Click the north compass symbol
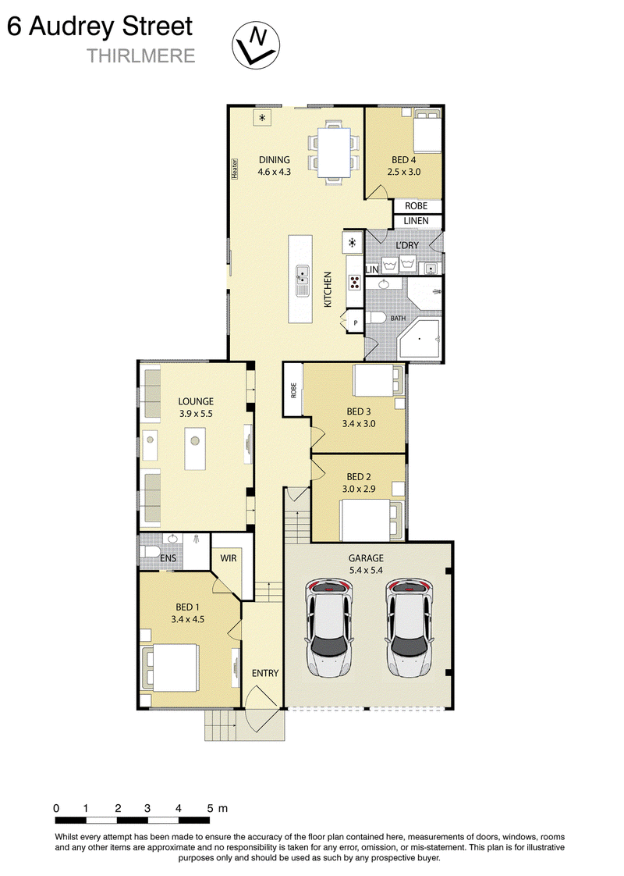(256, 45)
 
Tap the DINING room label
(274, 160)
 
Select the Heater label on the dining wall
(235, 169)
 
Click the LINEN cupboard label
(416, 221)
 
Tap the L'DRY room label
(407, 246)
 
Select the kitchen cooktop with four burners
(354, 282)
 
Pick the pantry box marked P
(356, 323)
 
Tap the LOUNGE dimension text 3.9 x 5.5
(196, 414)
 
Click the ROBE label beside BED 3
(293, 390)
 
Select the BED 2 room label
(358, 476)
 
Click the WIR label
(229, 557)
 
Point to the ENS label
(168, 557)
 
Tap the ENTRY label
(265, 673)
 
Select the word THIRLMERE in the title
(140, 56)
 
